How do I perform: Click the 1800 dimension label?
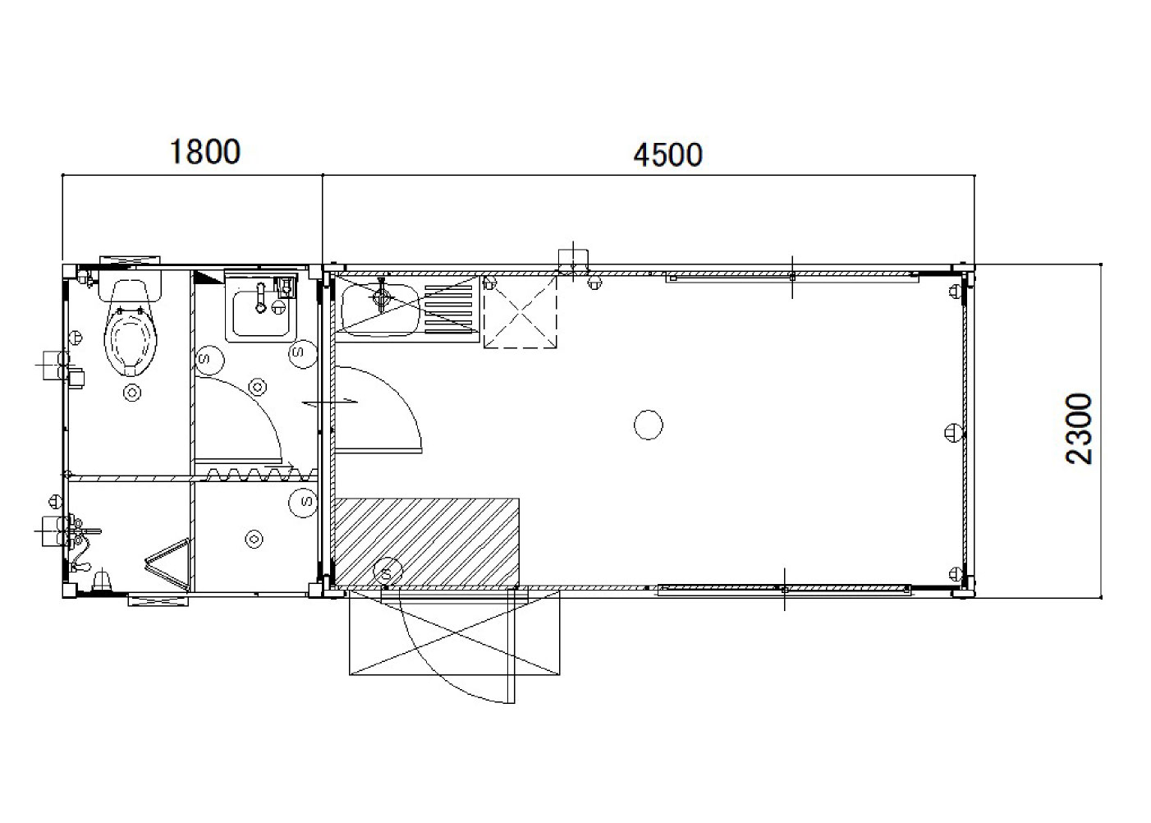point(204,152)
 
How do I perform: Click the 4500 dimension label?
point(667,154)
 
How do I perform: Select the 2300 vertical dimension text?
point(1078,430)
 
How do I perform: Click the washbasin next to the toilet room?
point(260,313)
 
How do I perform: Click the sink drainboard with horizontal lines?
point(448,306)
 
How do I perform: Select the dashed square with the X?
point(520,313)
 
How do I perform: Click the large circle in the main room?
point(649,425)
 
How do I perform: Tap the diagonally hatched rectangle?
point(426,542)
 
